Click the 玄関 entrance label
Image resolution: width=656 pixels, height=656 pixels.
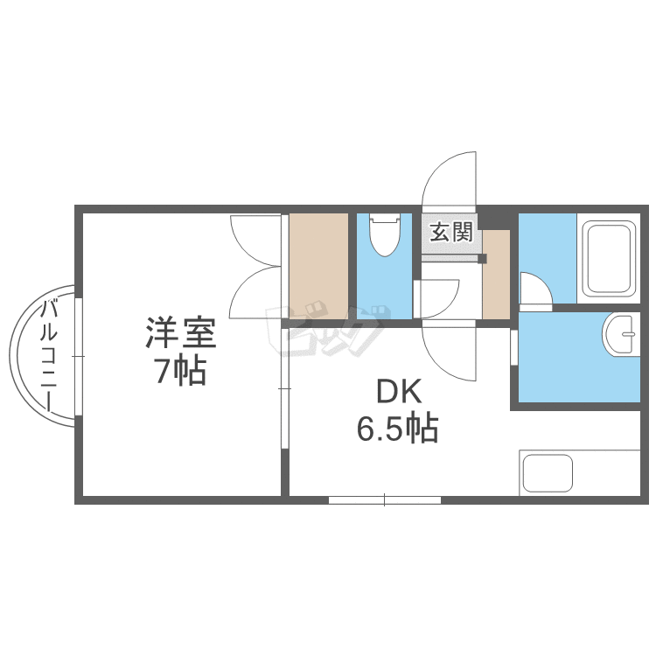(451, 233)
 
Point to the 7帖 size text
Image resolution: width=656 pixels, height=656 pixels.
(179, 372)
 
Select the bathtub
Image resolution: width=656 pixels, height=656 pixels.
(609, 258)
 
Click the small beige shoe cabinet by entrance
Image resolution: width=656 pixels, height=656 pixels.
(496, 274)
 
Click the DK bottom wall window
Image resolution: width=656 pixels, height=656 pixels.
(384, 499)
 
